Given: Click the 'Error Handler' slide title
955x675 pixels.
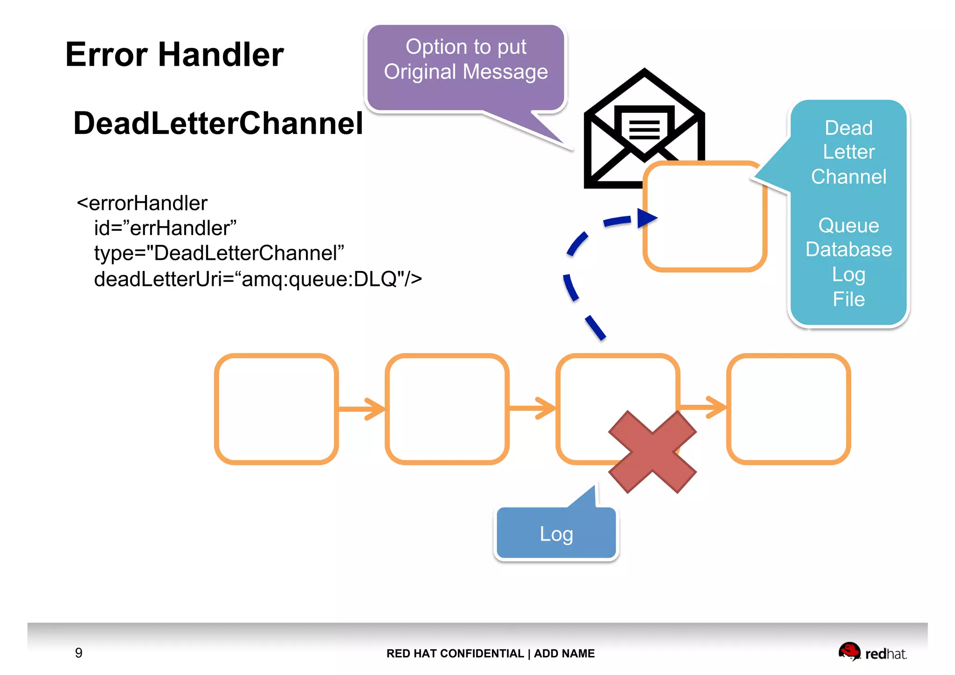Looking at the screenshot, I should [174, 55].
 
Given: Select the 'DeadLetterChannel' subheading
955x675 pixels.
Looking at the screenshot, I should [218, 124].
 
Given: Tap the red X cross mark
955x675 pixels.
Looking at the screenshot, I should [652, 452].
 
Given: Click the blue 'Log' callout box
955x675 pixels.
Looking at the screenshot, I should [556, 534].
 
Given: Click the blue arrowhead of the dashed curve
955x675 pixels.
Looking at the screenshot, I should [646, 218].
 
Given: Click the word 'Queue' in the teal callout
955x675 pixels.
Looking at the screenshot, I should [848, 226].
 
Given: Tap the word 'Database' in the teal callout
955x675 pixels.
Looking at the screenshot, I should [848, 250].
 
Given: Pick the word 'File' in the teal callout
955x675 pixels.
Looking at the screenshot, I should [848, 299].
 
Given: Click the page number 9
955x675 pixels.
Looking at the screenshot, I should [78, 653].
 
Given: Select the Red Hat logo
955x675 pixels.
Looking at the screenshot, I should [872, 652].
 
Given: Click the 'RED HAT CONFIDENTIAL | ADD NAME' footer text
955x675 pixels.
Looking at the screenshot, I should [490, 653].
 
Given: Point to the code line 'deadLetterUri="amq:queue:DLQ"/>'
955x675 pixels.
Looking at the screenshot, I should [257, 279].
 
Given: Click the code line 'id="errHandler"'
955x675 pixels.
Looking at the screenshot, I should [165, 228].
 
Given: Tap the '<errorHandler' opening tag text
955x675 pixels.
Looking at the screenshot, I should [142, 203].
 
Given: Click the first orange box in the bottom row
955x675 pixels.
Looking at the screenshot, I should [276, 409].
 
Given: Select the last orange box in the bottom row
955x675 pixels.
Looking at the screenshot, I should [788, 409].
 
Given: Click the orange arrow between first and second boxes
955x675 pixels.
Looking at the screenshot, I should [362, 409].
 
